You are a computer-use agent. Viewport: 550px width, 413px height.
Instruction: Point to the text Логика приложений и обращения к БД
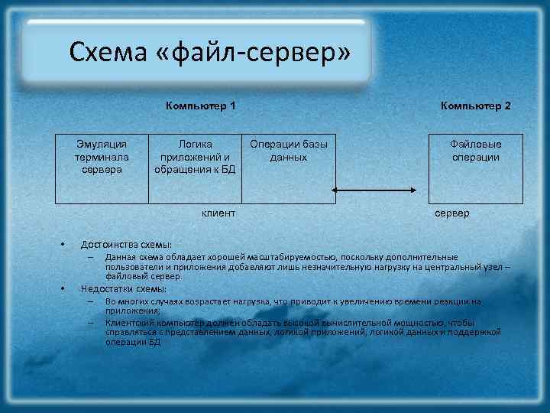[x=196, y=157]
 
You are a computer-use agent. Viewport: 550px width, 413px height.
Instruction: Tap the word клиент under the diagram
[x=218, y=213]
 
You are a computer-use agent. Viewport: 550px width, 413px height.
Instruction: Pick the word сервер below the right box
[x=452, y=213]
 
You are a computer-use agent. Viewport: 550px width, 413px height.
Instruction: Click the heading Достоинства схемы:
[x=126, y=244]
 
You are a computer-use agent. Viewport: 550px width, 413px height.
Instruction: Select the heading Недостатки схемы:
[x=124, y=289]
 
